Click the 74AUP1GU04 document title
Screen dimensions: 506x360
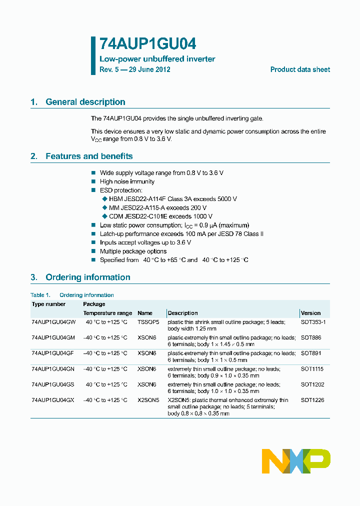tap(144, 43)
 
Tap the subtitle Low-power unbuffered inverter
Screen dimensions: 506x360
tap(157, 59)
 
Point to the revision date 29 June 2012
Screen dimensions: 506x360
tap(149, 69)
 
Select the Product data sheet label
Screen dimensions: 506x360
tap(300, 69)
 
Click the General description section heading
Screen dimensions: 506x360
tap(85, 102)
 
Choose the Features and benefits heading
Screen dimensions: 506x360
tap(89, 156)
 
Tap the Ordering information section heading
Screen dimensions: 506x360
tap(87, 277)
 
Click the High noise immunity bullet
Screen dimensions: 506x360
tap(127, 181)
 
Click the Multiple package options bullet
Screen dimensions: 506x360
tap(133, 251)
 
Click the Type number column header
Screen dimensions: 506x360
tap(48, 304)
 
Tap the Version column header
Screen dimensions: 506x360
tap(311, 313)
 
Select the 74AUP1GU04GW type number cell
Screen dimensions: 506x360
tap(53, 322)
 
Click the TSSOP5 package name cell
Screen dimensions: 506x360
tap(148, 322)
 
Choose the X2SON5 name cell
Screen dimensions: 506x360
tap(148, 400)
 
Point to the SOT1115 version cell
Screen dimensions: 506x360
tap(312, 369)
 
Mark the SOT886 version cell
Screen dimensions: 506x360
tap(310, 338)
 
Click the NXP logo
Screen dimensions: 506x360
tap(296, 461)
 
